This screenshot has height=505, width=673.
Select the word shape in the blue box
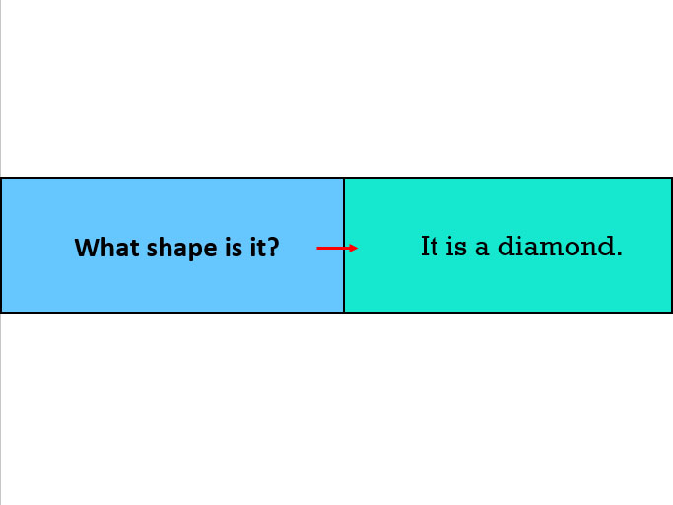[181, 250]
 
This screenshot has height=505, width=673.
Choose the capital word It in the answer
[430, 247]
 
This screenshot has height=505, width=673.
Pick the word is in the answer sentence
[456, 247]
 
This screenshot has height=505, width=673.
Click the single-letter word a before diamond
[482, 250]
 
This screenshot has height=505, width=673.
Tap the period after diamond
[619, 254]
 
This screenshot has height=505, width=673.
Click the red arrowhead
[353, 248]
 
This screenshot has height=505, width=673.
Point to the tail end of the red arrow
[316, 248]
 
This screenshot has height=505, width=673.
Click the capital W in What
[88, 248]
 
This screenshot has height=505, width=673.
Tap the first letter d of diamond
[506, 247]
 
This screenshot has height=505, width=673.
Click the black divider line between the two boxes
[344, 245]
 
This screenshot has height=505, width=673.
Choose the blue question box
[172, 245]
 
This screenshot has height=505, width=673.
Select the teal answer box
[507, 245]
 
